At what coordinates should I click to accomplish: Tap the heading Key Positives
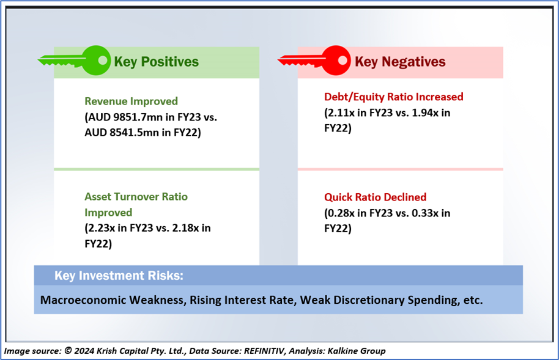[156, 62]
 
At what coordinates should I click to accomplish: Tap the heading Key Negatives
[400, 62]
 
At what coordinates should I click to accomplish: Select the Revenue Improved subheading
[131, 101]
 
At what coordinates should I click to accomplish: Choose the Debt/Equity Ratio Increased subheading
[394, 97]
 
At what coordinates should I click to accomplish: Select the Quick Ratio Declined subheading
[376, 197]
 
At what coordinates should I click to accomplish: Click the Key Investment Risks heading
[119, 276]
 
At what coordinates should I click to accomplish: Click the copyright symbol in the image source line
[68, 351]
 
